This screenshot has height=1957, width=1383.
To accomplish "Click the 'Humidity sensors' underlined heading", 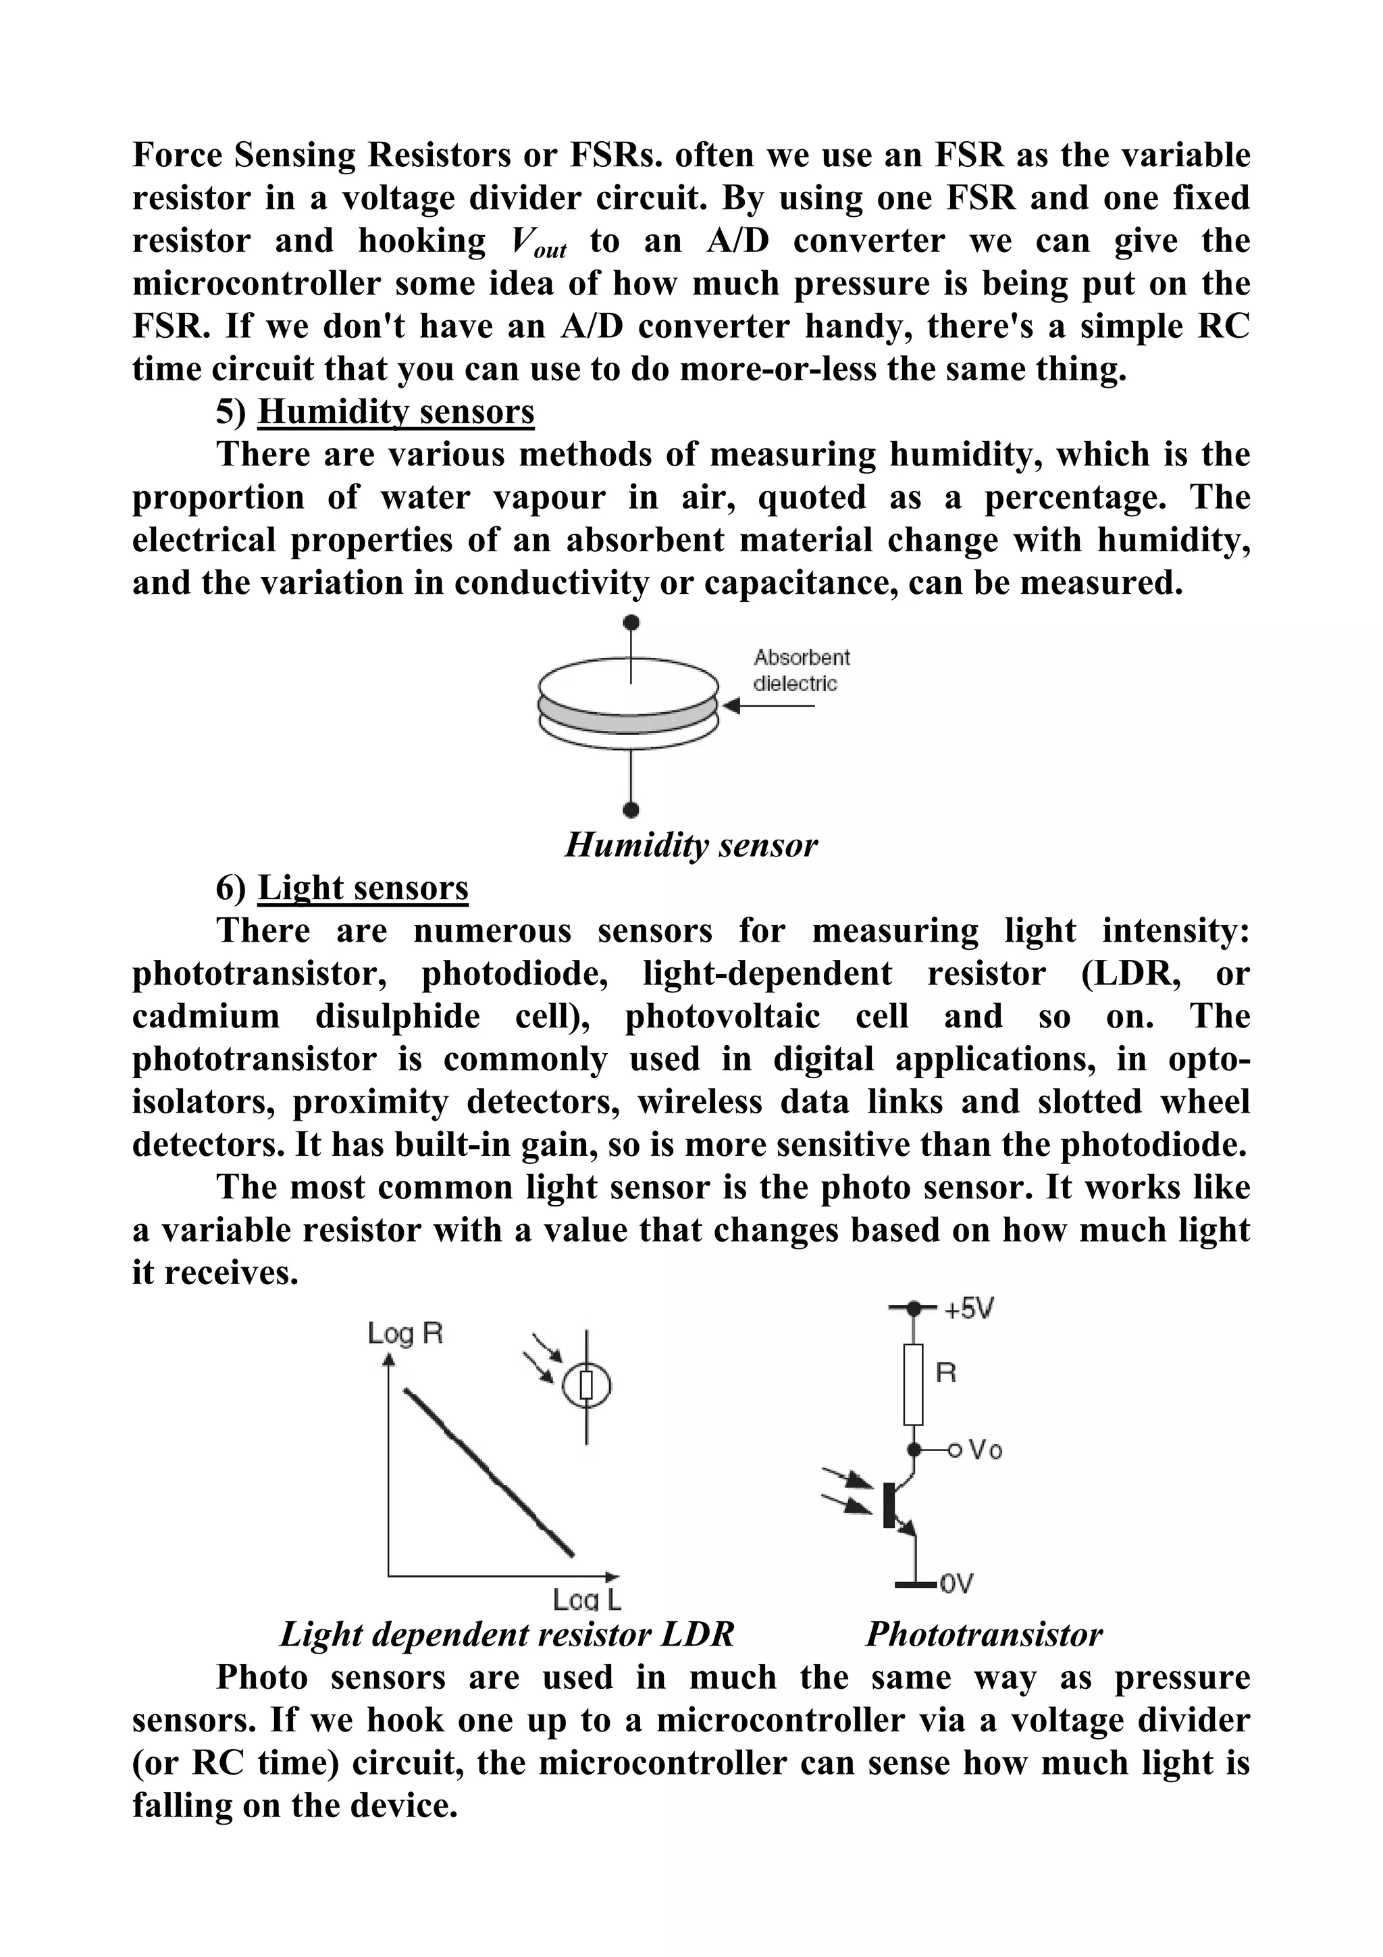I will [396, 411].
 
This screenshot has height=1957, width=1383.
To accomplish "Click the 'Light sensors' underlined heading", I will [363, 887].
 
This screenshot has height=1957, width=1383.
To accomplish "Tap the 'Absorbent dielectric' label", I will [801, 670].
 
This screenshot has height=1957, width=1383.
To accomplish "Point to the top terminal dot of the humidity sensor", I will [631, 622].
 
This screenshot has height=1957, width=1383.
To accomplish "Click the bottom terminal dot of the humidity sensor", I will [631, 809].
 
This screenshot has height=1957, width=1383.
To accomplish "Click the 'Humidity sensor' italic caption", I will [690, 844].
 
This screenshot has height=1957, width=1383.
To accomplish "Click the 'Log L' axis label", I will [586, 1600].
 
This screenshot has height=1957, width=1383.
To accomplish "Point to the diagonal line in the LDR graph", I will [488, 1472].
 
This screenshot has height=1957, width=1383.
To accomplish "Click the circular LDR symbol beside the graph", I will [586, 1387].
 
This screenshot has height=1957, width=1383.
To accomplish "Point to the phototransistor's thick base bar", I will [889, 1504].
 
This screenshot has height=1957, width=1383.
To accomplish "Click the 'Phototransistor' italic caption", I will [983, 1634].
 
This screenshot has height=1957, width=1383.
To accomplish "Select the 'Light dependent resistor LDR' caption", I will [506, 1634].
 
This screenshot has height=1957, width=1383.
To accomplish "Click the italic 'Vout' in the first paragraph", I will [538, 244].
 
